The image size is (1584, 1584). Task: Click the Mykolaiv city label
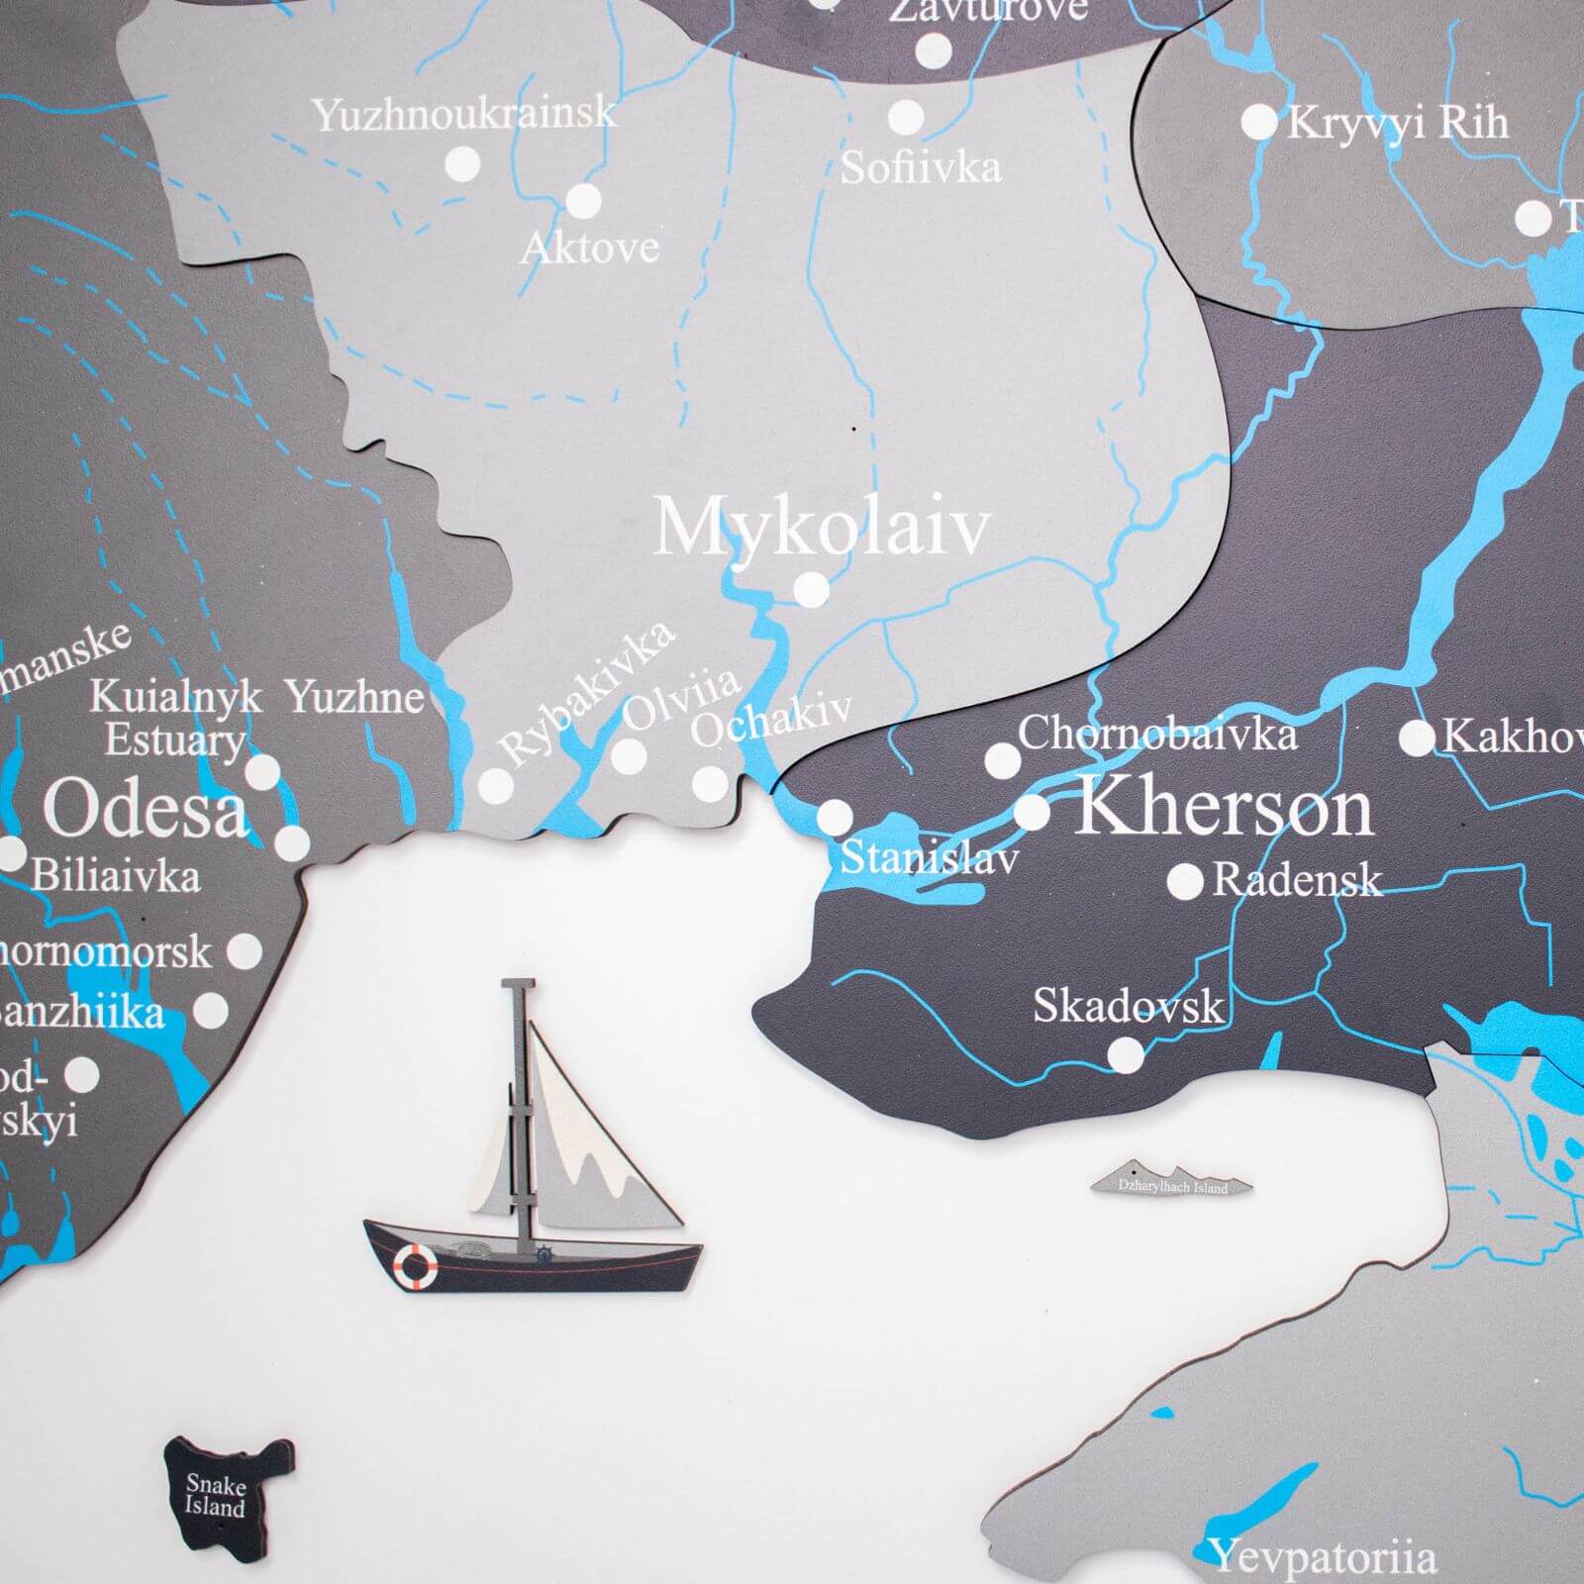pos(822,527)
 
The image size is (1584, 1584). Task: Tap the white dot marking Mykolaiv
pos(812,589)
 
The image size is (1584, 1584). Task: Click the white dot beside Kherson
pos(1033,813)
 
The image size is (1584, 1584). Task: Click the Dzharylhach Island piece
pos(1172,1184)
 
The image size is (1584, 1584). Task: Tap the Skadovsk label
pos(1129,1007)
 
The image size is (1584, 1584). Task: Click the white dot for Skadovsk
pos(1125,1055)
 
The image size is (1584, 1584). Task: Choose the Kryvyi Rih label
pos(1398,123)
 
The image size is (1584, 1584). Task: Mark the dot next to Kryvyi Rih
pos(1258,123)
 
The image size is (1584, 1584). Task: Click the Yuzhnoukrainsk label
pos(464,115)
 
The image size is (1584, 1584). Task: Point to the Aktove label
pos(590,247)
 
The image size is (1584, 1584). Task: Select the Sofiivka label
pos(921,167)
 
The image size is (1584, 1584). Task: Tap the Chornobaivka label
pos(1156,735)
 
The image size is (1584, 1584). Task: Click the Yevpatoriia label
pos(1324,1557)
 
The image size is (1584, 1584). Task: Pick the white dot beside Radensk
pos(1185,881)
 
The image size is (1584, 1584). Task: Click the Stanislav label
pos(929,858)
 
